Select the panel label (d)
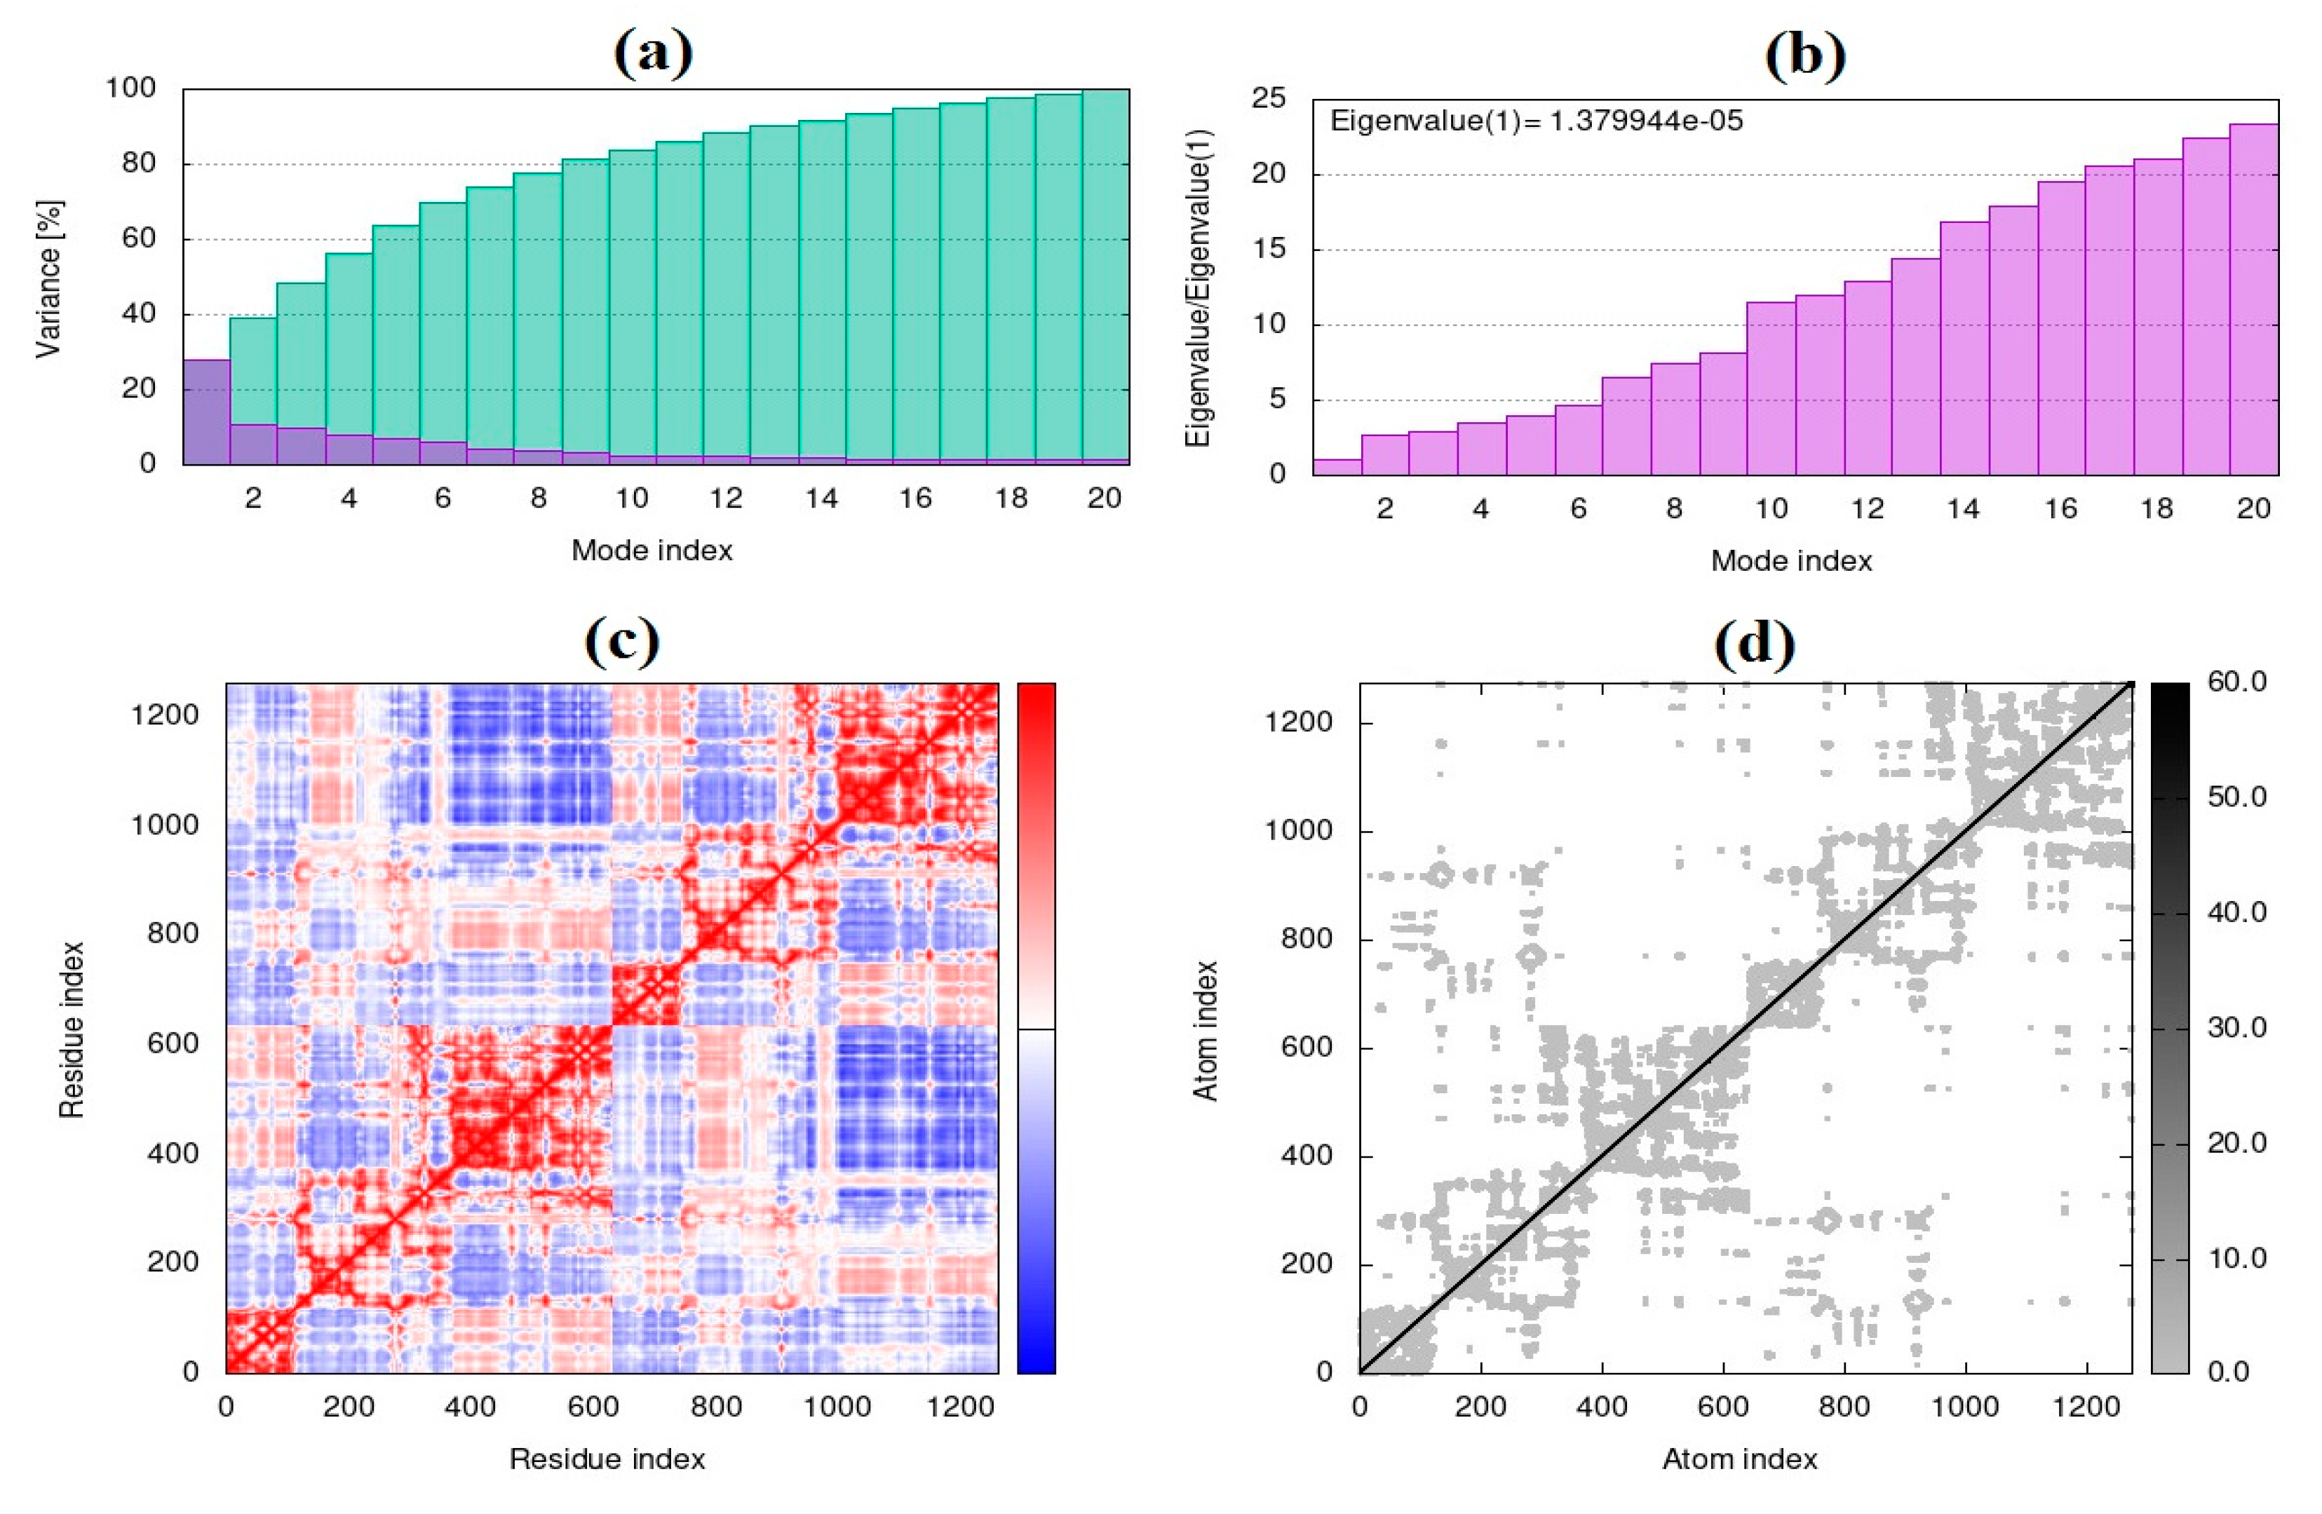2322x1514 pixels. coord(1754,643)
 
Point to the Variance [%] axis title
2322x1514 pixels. coord(49,279)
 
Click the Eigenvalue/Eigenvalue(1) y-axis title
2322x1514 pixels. coord(1197,288)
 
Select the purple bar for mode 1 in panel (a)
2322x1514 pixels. coord(207,412)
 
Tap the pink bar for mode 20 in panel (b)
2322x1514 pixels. coord(2254,299)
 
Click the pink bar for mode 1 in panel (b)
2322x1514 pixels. coord(1337,467)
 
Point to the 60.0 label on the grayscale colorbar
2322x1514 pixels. coord(2236,681)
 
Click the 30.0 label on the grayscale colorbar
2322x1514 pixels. coord(2236,1027)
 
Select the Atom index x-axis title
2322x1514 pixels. coord(1739,1459)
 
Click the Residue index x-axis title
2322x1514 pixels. coord(607,1459)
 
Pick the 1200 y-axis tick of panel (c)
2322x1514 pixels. coord(165,715)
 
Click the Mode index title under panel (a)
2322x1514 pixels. coord(652,550)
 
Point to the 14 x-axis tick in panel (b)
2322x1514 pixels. coord(1963,508)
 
